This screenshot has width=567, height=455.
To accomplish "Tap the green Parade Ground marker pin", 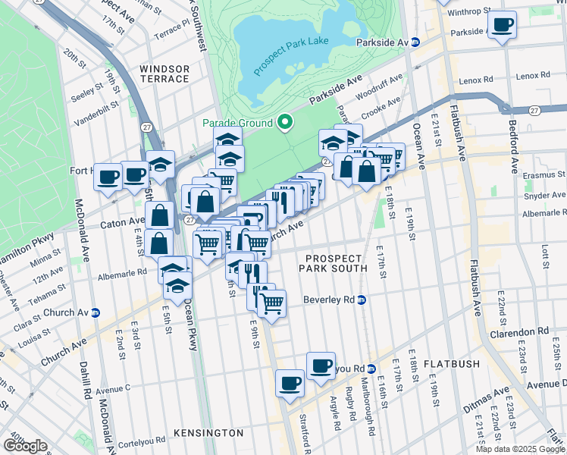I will pyautogui.click(x=285, y=122).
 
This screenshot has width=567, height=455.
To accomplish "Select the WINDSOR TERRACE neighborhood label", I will pyautogui.click(x=164, y=74).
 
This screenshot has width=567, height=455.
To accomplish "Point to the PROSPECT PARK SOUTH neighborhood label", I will pyautogui.click(x=333, y=263).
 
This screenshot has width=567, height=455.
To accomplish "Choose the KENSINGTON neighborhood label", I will pyautogui.click(x=208, y=433).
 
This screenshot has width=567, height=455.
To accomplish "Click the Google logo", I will pyautogui.click(x=25, y=445).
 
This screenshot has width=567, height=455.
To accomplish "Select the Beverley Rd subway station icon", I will pyautogui.click(x=362, y=300).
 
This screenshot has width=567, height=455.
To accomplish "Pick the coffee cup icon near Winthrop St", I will pyautogui.click(x=501, y=25).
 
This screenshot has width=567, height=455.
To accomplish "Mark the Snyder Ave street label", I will pyautogui.click(x=544, y=195).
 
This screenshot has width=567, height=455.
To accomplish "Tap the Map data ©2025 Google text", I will pyautogui.click(x=519, y=449).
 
